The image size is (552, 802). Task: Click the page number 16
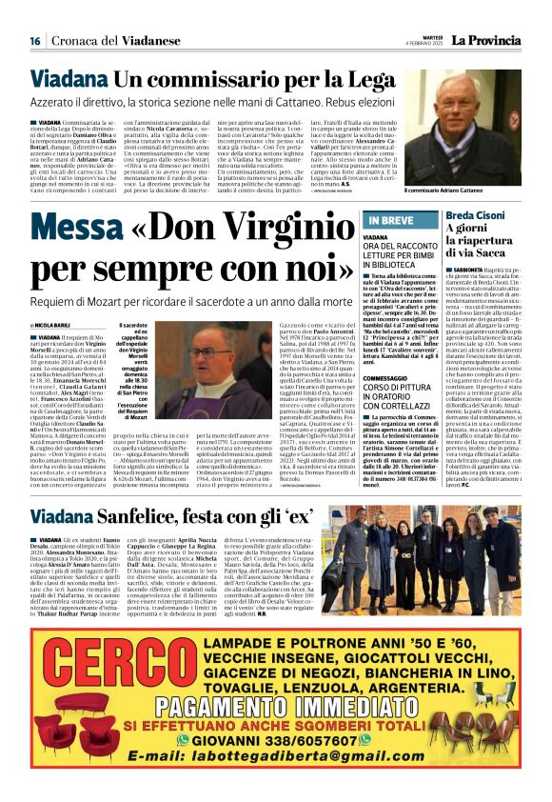(35, 41)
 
